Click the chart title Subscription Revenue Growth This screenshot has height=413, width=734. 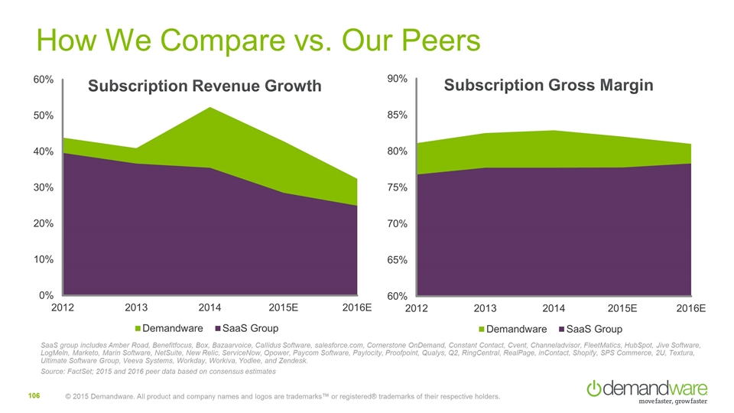(204, 86)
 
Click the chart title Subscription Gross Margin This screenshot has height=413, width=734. (548, 85)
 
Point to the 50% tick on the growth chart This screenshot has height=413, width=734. (41, 115)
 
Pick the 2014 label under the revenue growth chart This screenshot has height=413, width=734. (209, 308)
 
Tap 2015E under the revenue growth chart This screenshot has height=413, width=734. (284, 308)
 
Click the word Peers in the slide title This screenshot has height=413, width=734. (427, 40)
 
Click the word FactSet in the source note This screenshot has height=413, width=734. (89, 371)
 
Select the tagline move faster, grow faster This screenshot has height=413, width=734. (672, 400)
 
